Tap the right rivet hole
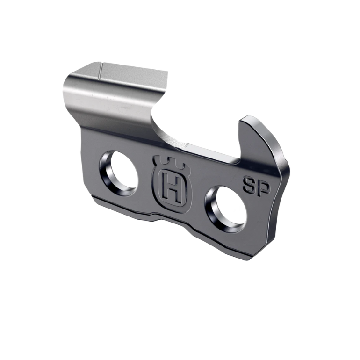point(225,209)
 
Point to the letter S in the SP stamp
point(249,186)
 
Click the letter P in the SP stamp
point(262,189)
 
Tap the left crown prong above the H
point(158,160)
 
